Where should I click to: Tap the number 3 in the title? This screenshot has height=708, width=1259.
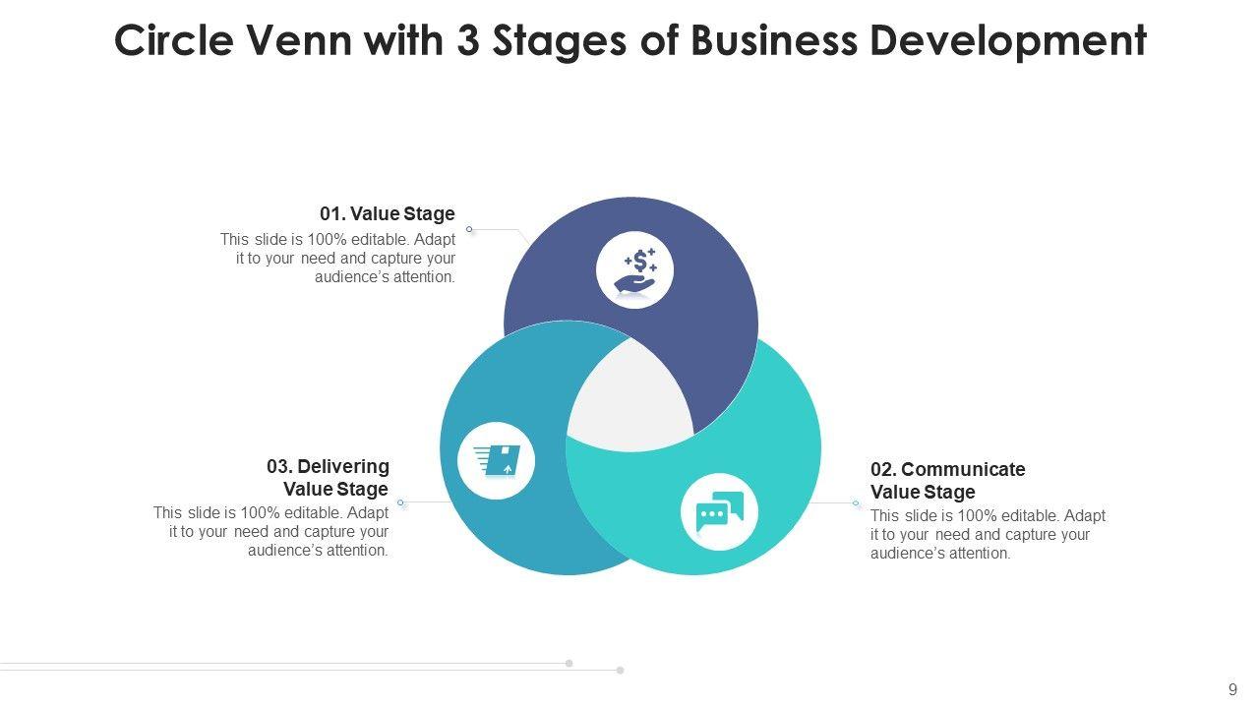[468, 41]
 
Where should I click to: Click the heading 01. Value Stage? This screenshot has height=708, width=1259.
[388, 213]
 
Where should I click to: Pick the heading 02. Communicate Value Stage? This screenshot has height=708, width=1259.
[947, 481]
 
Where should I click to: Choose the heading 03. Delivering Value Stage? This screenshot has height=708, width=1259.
[329, 477]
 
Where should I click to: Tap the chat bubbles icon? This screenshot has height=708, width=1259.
[719, 511]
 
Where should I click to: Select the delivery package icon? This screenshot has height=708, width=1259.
[497, 460]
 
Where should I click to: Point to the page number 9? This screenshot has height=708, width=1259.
[1232, 689]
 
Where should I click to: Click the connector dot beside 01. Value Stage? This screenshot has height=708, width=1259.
[469, 229]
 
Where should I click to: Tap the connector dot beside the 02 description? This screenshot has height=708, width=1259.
[856, 503]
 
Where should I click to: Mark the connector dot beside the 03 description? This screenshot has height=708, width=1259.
[400, 502]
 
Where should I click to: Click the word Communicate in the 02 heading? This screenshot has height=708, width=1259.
[963, 469]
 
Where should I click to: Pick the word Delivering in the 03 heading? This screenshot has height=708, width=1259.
[343, 466]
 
